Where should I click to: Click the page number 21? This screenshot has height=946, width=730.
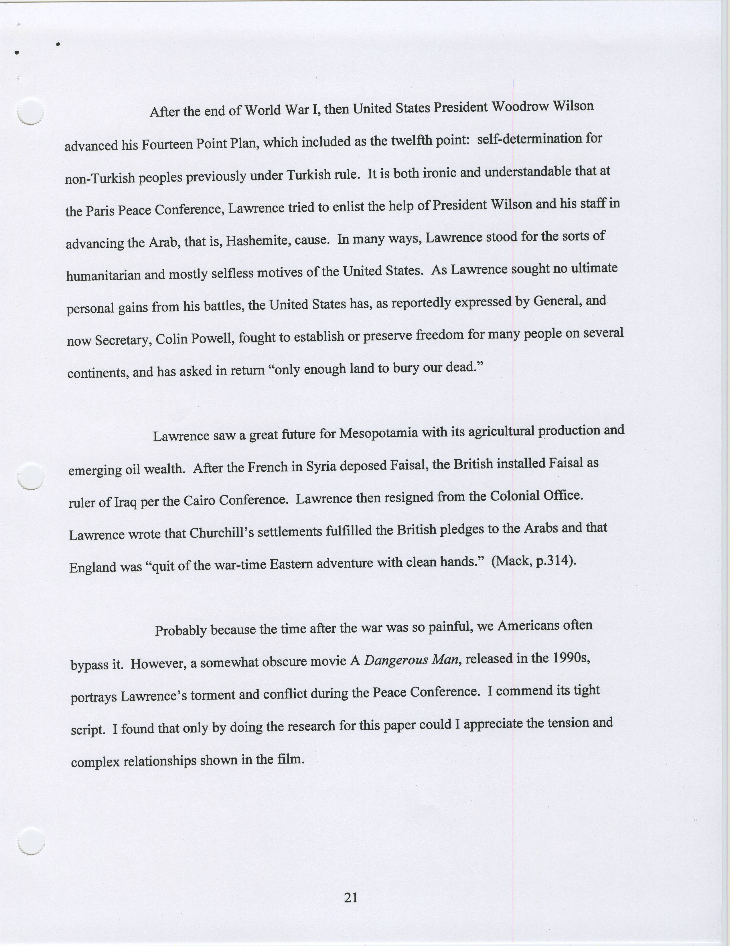[351, 898]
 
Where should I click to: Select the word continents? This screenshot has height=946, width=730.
[97, 373]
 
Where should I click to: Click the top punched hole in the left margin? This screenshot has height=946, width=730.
[30, 112]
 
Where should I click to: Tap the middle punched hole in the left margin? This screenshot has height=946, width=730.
[30, 476]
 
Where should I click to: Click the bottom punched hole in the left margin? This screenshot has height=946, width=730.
[31, 840]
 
